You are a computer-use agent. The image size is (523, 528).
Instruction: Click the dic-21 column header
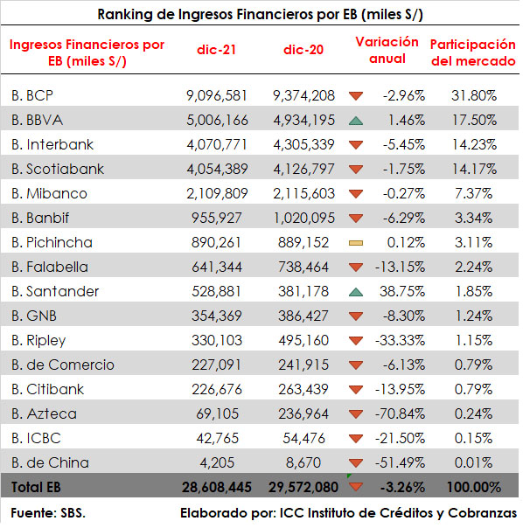pos(216,50)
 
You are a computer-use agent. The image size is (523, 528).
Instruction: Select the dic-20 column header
pos(303,50)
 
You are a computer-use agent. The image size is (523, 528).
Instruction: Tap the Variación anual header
pos(387,50)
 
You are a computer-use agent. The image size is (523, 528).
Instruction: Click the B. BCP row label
pos(32,95)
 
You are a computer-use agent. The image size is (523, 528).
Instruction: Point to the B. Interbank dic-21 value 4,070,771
pos(217,145)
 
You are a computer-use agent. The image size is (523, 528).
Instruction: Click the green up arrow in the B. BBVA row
pos(356,121)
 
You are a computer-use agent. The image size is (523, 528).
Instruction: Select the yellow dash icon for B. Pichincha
pos(356,243)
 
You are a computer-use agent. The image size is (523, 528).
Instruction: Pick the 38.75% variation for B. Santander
pos(402,292)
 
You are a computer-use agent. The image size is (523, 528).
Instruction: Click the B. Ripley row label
pos(38,341)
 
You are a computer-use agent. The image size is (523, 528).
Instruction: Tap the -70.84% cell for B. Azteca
pos(400,413)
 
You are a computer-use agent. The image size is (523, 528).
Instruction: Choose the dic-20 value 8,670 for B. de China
pos(303,463)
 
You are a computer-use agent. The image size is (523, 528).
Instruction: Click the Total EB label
pos(36,487)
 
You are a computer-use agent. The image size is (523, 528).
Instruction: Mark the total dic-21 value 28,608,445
pos(217,487)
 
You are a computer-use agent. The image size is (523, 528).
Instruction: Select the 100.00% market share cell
pos(473,487)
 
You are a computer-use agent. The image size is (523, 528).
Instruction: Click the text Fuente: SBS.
pos(48,513)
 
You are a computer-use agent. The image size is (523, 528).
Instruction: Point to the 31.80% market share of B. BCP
pos(474,95)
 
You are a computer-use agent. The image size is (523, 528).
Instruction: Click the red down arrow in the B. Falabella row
pos(356,267)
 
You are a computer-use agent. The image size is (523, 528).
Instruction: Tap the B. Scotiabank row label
pos(58,169)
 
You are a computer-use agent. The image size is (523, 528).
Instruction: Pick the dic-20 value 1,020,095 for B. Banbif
pos(304,219)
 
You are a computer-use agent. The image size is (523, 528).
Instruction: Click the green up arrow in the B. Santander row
pos(356,292)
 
